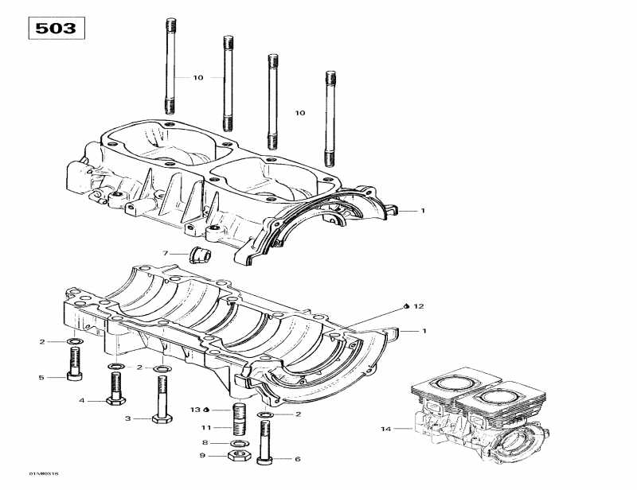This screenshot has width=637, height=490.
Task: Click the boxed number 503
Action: point(56,29)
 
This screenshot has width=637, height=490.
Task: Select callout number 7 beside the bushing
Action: point(166,254)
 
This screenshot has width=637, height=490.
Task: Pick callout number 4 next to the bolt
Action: point(81,400)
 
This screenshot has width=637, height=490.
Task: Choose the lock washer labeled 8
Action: point(236,443)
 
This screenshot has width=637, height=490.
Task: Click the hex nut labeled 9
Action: point(236,457)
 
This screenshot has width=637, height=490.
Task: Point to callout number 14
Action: point(386,430)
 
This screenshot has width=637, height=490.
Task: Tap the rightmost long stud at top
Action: point(328,115)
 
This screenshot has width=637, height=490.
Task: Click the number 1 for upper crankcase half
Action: point(424,212)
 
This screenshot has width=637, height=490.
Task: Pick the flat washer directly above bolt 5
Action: point(73,342)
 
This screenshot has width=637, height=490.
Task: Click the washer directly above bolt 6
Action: point(265,414)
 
